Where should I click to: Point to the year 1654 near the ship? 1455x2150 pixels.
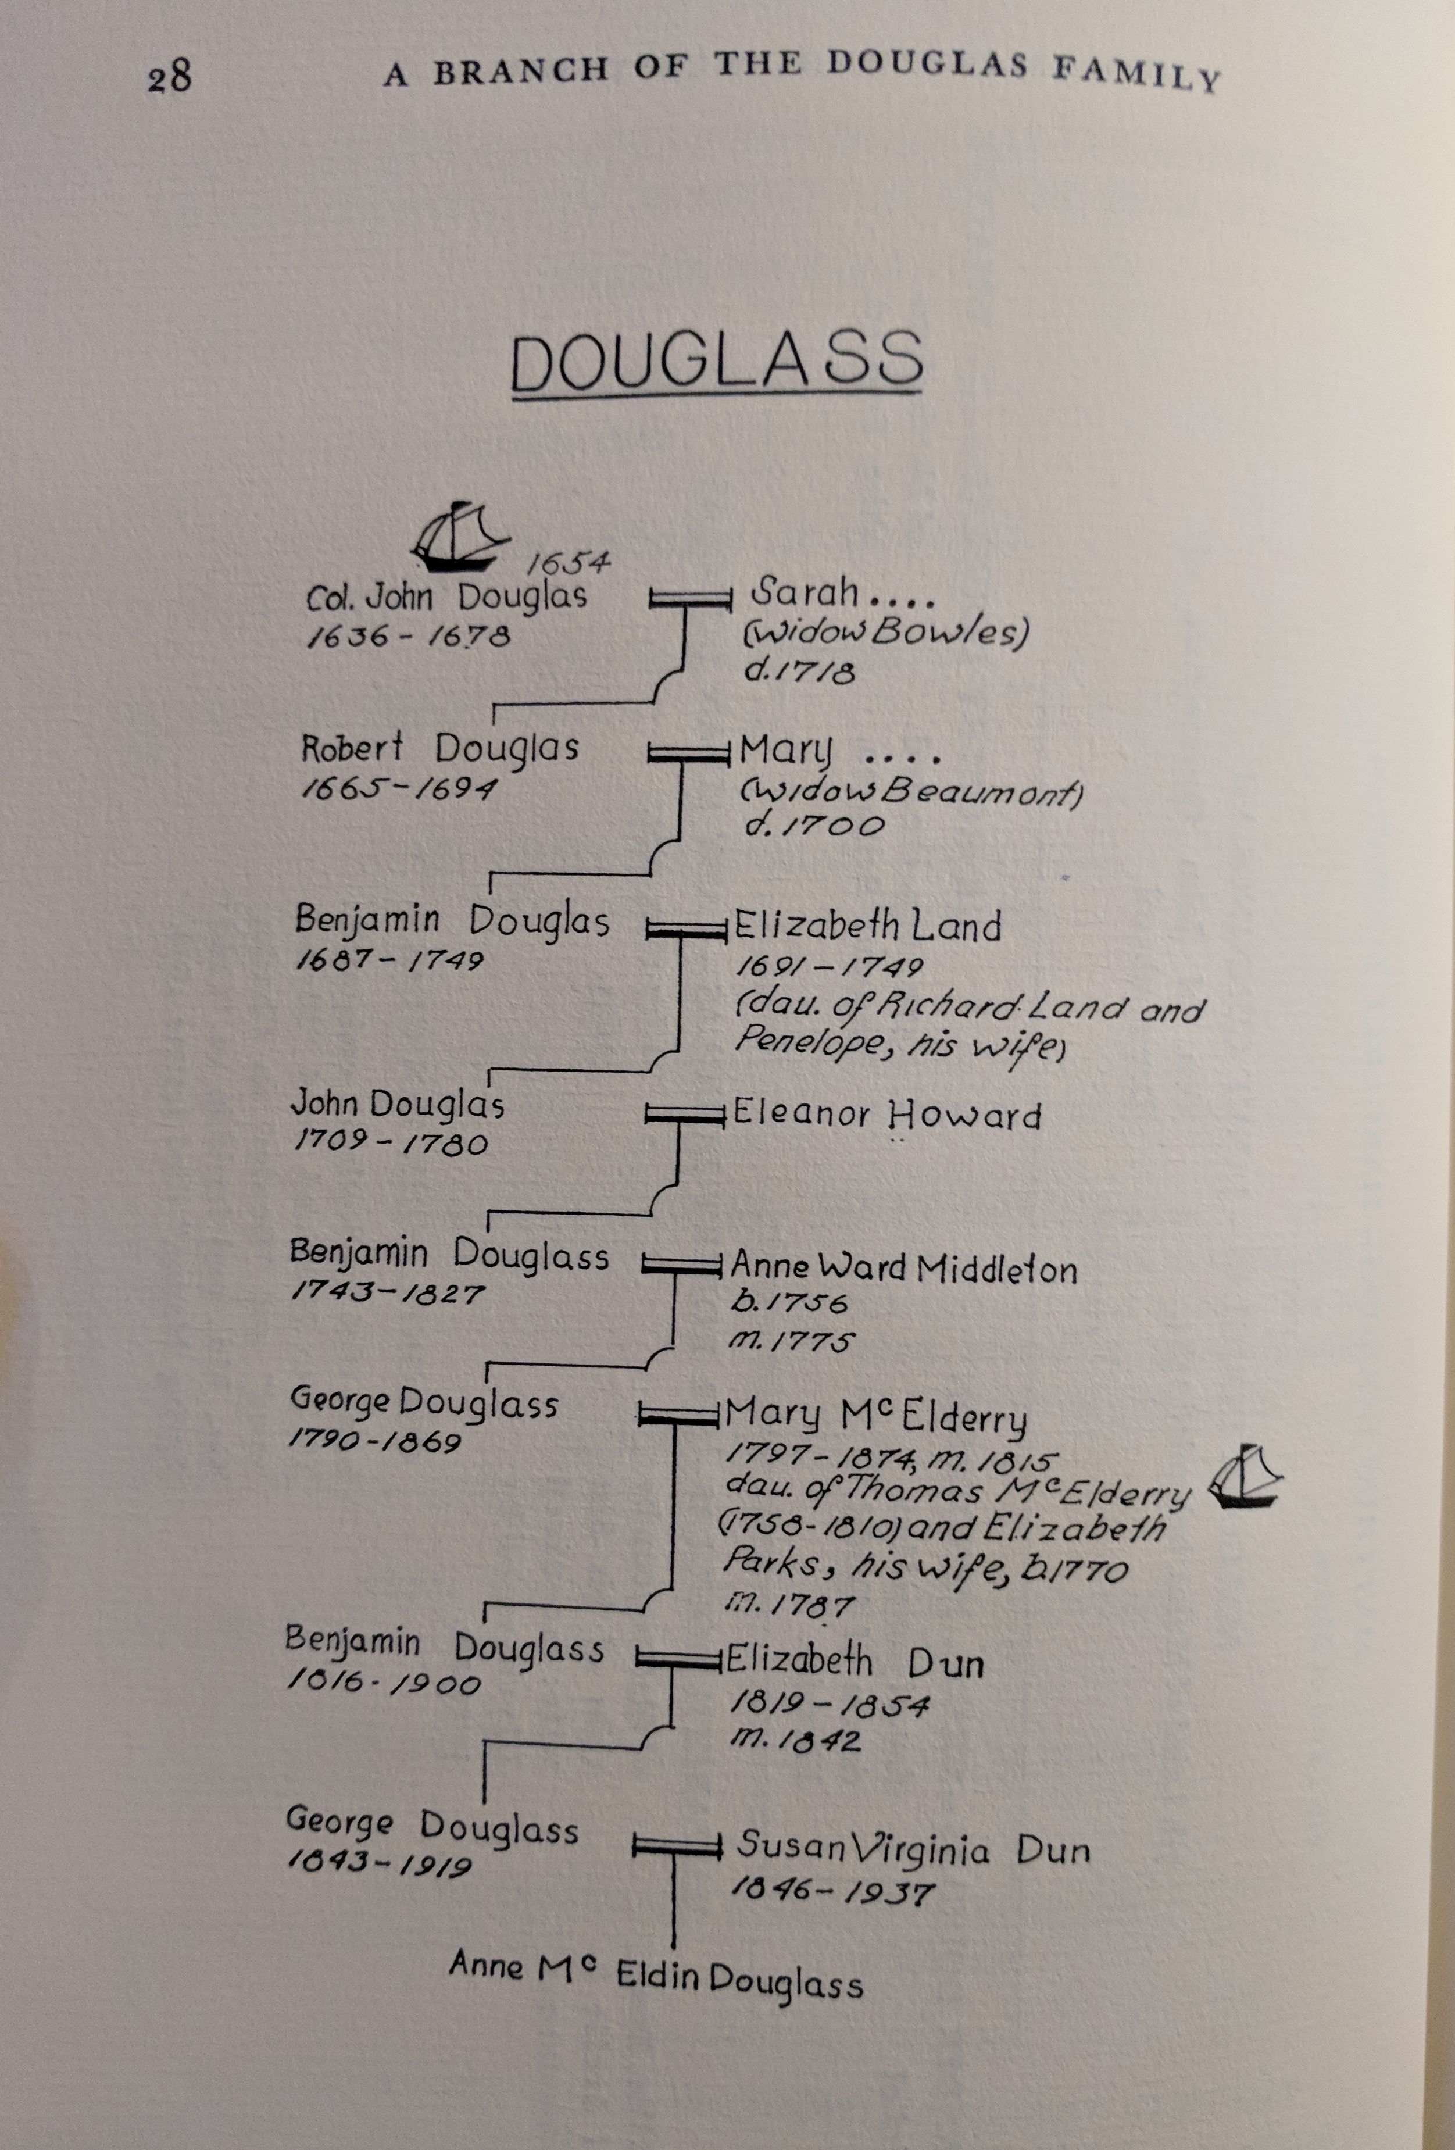tap(568, 562)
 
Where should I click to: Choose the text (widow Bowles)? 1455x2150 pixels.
tap(885, 634)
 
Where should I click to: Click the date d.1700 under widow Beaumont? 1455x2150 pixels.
tap(814, 825)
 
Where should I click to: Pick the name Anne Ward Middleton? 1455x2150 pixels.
tap(904, 1267)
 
